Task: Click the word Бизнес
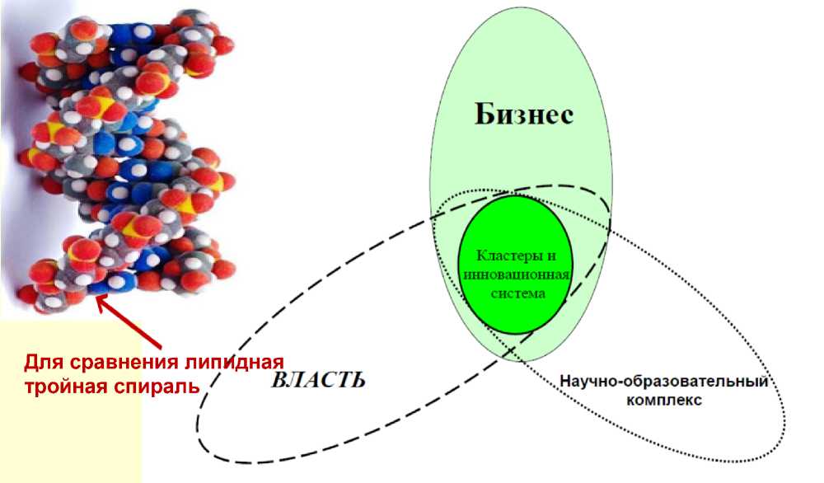pyautogui.click(x=523, y=115)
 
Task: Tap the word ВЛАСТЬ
pyautogui.click(x=317, y=380)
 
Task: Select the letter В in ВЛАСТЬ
pyautogui.click(x=278, y=380)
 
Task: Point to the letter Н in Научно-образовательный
pyautogui.click(x=566, y=382)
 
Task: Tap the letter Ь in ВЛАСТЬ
pyautogui.click(x=357, y=380)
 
